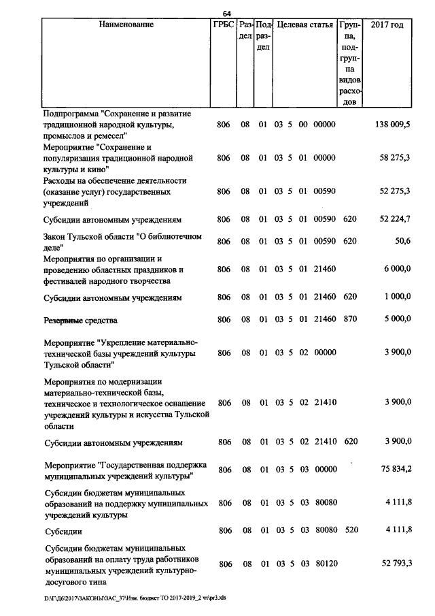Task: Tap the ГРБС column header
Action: coord(224,25)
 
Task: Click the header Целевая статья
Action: coord(304,25)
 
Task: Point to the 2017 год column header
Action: coord(387,25)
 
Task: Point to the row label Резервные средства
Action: coord(81,319)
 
